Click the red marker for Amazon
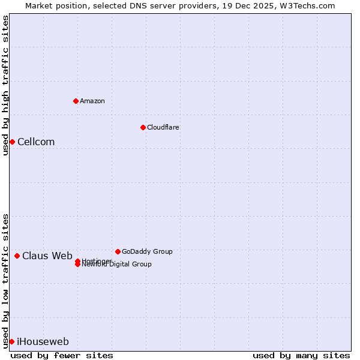click(76, 101)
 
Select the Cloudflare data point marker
click(143, 127)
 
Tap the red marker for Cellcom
click(12, 142)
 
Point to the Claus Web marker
click(17, 256)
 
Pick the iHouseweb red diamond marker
click(11, 341)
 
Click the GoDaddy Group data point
click(118, 251)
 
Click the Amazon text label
click(92, 101)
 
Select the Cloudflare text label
click(163, 127)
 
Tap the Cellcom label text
click(36, 142)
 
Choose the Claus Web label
click(47, 256)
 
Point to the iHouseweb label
click(43, 342)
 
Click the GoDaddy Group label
click(147, 251)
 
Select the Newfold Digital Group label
click(117, 265)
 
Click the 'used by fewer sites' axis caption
click(62, 355)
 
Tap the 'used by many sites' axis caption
click(301, 355)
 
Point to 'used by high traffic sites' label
click(5, 85)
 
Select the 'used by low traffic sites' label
click(5, 280)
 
